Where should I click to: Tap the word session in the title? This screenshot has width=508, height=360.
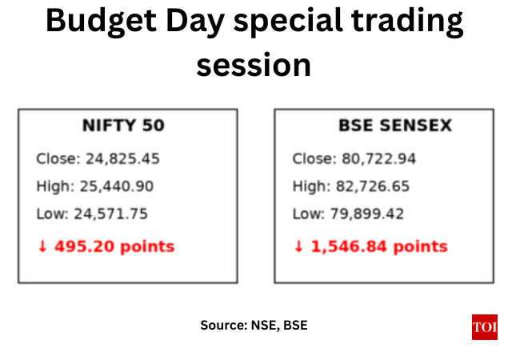click(254, 64)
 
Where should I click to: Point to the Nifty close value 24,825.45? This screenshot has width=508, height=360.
click(122, 158)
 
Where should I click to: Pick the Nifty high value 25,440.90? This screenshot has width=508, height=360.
click(117, 186)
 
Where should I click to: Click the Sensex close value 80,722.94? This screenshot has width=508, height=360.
click(379, 158)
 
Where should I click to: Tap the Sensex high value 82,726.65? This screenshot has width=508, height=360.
click(374, 186)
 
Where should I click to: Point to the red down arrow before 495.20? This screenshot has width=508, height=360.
click(42, 246)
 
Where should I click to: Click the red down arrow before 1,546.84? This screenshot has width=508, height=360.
click(298, 246)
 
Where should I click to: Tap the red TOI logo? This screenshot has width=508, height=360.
click(484, 327)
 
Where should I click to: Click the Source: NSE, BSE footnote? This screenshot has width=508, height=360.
click(254, 326)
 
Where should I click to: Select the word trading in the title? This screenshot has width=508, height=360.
click(410, 21)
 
